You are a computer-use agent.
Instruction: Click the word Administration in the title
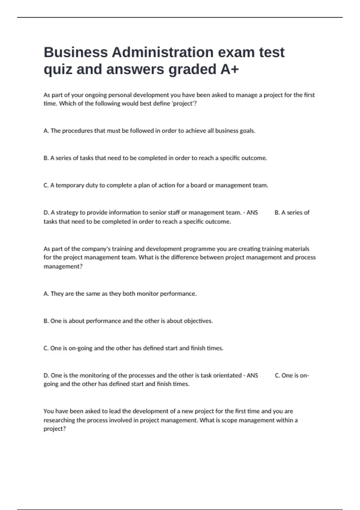point(162,52)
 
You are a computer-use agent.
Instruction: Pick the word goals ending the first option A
point(247,131)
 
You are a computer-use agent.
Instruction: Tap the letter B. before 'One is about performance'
point(46,321)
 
